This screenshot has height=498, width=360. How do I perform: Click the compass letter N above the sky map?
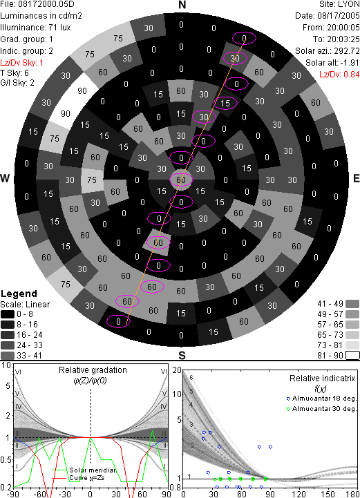tap(182, 5)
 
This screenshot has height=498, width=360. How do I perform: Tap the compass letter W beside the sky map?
tap(5, 178)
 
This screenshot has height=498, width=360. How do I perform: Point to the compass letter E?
tap(356, 178)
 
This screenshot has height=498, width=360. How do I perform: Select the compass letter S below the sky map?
tap(182, 355)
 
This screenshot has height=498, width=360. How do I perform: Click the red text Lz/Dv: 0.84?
tap(339, 75)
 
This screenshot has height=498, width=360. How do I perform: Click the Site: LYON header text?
tap(339, 4)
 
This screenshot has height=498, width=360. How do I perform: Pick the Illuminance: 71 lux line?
tap(35, 28)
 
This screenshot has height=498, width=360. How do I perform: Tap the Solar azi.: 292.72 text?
tap(328, 51)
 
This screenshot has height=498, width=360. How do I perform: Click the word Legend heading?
tap(19, 294)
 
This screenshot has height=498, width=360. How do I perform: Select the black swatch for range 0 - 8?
tap(8, 314)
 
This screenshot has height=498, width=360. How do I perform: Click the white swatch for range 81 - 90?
tap(352, 356)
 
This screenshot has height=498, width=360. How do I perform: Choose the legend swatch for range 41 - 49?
tap(352, 304)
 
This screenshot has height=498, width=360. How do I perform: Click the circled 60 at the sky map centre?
tap(181, 180)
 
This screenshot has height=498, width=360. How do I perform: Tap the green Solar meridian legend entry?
tap(84, 470)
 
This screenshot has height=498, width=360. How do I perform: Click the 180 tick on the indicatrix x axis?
tap(352, 494)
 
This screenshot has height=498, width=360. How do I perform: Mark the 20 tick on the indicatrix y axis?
tap(177, 370)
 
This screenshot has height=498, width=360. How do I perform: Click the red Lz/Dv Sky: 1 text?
tap(21, 63)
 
